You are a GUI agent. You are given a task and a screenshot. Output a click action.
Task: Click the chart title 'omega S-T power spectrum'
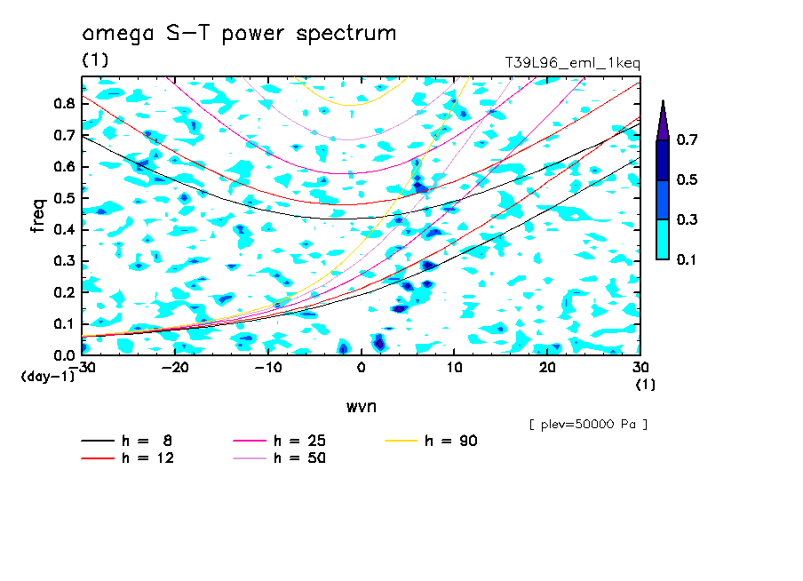(239, 34)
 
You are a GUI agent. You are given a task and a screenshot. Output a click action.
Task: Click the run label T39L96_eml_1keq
(573, 63)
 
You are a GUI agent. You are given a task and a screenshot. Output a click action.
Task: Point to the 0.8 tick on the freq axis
(65, 103)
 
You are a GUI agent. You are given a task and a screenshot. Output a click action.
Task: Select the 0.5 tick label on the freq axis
(65, 198)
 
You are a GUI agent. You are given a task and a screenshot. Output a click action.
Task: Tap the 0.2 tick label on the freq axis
(65, 292)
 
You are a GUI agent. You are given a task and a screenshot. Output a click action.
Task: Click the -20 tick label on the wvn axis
(175, 368)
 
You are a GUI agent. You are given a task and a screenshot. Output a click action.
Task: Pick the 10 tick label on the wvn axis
(454, 368)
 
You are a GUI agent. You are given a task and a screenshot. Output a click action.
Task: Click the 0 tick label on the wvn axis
(361, 368)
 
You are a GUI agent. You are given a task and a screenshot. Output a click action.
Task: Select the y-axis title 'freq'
(38, 216)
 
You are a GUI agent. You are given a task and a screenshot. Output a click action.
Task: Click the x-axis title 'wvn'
(362, 407)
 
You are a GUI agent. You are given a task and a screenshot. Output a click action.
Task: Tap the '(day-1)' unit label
(47, 377)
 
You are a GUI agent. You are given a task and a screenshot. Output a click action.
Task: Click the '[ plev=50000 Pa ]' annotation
(588, 425)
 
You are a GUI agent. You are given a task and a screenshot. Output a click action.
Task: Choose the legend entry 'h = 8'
(126, 441)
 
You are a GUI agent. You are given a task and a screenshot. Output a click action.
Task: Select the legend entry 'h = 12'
(128, 458)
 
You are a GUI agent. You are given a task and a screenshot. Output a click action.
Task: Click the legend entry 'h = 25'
(279, 441)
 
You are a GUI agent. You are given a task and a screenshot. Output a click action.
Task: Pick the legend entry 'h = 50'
(279, 458)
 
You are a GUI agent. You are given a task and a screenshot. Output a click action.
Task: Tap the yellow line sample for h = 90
(401, 441)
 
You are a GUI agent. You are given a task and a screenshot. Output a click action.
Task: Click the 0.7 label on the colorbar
(687, 139)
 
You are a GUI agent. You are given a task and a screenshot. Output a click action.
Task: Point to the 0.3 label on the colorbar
(687, 219)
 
